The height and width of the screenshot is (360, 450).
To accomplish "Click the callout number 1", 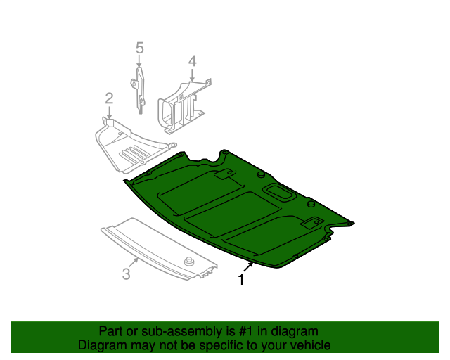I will (x=241, y=280).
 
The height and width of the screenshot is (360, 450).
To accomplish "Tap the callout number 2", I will (x=109, y=97).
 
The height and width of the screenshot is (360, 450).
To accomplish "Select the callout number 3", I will (x=126, y=274).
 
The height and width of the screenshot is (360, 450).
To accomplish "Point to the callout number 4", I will (x=191, y=63).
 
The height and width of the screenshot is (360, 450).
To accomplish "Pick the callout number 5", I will (x=139, y=48).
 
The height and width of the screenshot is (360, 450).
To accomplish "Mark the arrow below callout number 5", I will (x=139, y=62).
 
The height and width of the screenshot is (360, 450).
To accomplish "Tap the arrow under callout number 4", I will (x=191, y=77).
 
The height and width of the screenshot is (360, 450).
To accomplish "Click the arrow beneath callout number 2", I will (x=109, y=112).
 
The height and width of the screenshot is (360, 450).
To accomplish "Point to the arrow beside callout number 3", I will (x=134, y=262).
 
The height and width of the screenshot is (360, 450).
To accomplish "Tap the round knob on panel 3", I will (x=188, y=262).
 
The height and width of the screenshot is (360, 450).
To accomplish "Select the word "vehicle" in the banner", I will (x=307, y=345).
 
